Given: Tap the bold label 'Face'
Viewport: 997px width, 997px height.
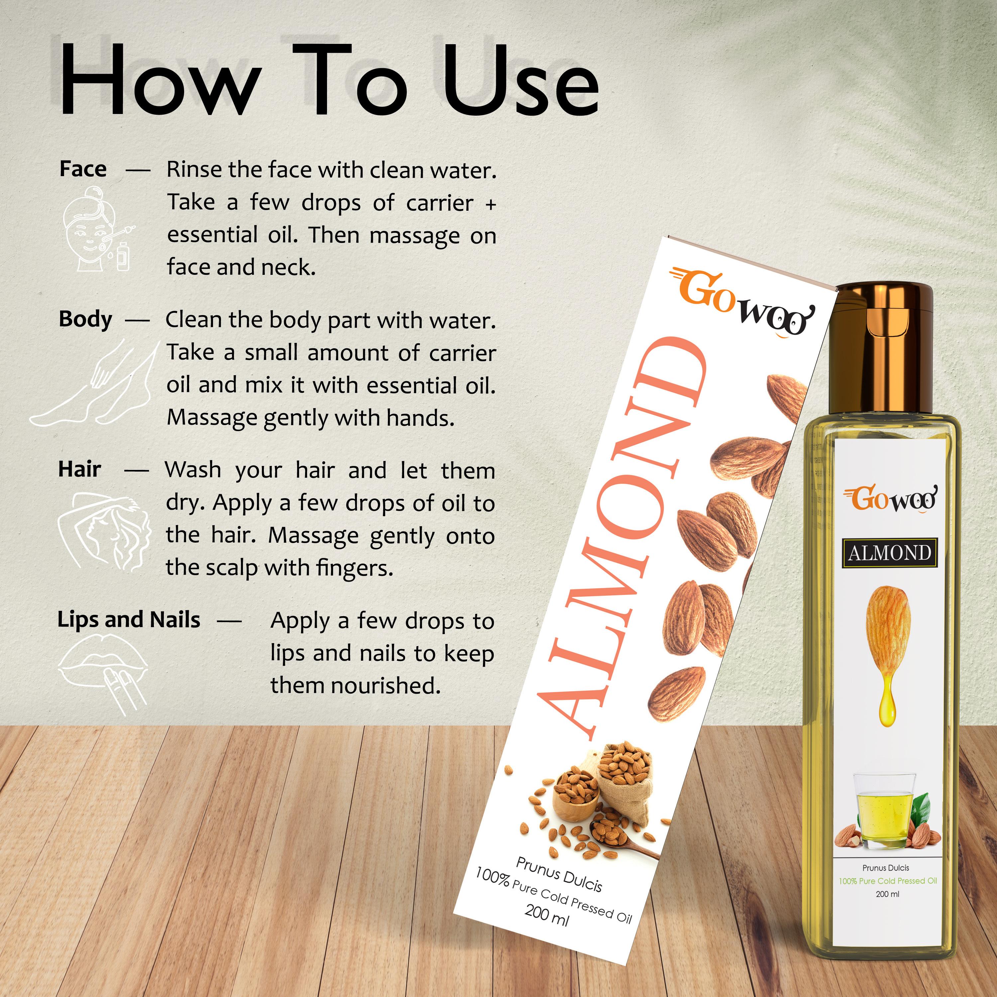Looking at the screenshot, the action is [x=83, y=169].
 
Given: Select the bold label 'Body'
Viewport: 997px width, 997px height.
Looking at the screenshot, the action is [x=85, y=319].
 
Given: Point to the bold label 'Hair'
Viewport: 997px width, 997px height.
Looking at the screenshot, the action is [x=79, y=469].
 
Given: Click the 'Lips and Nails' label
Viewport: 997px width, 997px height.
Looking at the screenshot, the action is [x=129, y=619].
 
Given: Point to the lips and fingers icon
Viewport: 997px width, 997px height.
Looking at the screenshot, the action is [x=103, y=673].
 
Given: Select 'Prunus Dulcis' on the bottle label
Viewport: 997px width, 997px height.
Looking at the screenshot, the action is [x=886, y=868].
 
